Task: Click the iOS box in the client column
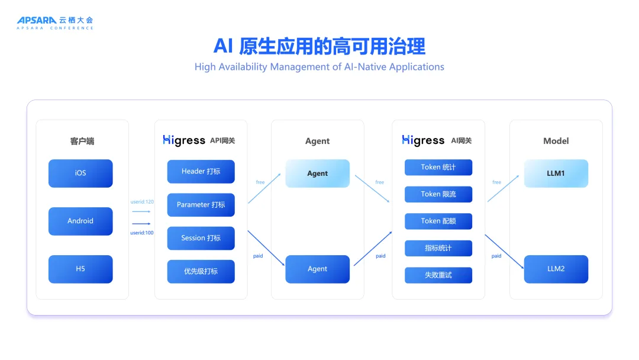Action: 80,173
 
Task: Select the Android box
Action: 80,221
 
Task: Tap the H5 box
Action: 80,269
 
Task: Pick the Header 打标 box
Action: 201,172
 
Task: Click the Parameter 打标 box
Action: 201,205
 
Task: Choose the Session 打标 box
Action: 201,238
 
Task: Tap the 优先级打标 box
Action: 201,271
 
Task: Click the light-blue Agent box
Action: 317,173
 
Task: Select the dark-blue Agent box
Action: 317,269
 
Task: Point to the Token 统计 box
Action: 438,168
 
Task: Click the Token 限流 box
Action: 438,194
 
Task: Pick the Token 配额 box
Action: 438,221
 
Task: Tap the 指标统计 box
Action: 438,248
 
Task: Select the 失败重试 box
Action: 438,275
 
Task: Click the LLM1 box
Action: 556,173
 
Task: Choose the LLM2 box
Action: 556,269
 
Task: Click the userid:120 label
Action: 142,202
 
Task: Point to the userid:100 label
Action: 142,233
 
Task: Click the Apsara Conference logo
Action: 54,22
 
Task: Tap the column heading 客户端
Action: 82,141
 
